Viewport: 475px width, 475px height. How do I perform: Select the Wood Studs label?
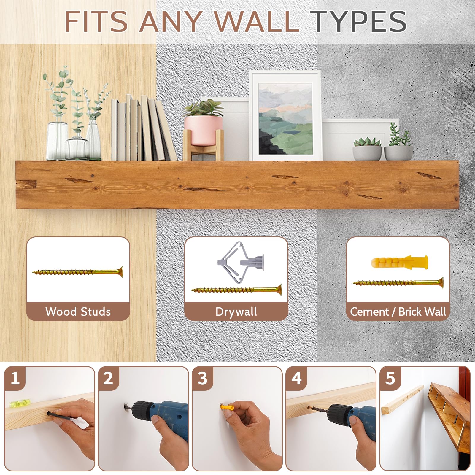(x=78, y=312)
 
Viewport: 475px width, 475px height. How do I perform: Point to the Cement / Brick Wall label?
(x=398, y=312)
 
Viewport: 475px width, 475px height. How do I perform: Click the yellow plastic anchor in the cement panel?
(x=400, y=261)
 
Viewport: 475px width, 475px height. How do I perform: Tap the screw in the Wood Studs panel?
(x=78, y=272)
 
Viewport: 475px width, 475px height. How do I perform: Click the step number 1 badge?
(x=15, y=378)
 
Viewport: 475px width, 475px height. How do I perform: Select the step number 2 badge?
(x=108, y=378)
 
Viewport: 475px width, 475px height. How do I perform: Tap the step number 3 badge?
(x=202, y=378)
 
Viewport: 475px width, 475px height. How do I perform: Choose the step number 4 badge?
(x=296, y=378)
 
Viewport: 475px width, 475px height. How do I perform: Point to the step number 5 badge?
(x=390, y=378)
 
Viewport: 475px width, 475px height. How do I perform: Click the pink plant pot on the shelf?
(x=203, y=130)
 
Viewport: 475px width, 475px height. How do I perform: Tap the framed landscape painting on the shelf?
(x=286, y=116)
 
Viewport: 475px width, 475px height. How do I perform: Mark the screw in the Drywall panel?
(x=236, y=290)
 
